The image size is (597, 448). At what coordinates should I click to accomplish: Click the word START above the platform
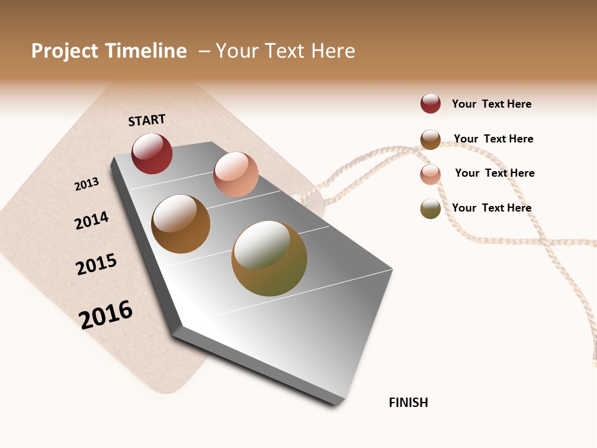click(x=147, y=120)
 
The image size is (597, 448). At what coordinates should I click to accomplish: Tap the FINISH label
click(x=409, y=403)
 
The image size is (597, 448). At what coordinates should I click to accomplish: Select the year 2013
click(x=87, y=184)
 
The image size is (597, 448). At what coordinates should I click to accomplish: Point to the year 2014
click(x=91, y=220)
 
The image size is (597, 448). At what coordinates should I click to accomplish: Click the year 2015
click(x=96, y=264)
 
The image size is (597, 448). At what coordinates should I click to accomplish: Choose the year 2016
click(x=106, y=314)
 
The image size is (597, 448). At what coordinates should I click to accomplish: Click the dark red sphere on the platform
click(x=152, y=154)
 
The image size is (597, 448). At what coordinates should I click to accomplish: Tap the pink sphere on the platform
click(x=236, y=174)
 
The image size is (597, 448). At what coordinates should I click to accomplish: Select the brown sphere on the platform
click(x=180, y=224)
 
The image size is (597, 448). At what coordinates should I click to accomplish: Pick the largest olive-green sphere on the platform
click(x=269, y=258)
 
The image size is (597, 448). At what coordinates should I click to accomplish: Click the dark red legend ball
click(x=430, y=103)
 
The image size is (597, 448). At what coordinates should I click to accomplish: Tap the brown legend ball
click(x=430, y=139)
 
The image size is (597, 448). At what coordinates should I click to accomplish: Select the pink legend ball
click(x=430, y=174)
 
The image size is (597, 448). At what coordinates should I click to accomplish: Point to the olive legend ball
click(x=430, y=208)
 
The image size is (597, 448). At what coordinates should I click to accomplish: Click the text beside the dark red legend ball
click(x=491, y=104)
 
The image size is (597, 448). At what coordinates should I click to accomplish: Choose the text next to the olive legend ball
click(x=491, y=208)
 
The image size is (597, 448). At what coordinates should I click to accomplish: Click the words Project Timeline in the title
click(x=109, y=51)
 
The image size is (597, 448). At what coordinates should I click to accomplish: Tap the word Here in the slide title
click(x=333, y=51)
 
